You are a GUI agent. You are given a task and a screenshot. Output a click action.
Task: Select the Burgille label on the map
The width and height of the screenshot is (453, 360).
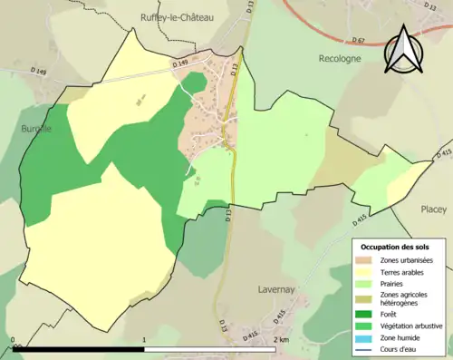[x=36, y=129]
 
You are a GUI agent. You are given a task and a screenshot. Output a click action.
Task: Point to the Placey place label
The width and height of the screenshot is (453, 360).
[x=433, y=209]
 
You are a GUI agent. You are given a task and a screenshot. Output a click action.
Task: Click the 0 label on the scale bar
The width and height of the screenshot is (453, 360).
[x=14, y=340]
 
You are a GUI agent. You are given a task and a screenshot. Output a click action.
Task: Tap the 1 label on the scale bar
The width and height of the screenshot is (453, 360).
[x=145, y=340]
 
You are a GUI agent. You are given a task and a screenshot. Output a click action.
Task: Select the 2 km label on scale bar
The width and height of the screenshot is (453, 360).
[x=281, y=340]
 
